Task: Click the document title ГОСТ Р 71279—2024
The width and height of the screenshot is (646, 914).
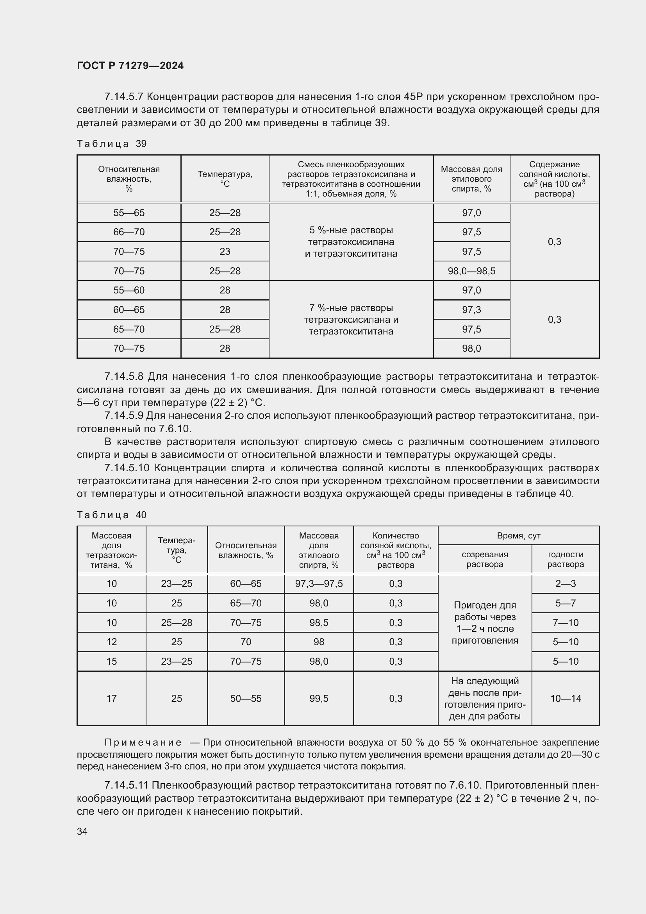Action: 130,66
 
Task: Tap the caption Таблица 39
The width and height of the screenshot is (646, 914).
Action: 112,144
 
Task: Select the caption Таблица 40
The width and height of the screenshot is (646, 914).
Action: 112,515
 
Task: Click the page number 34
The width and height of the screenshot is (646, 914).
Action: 82,831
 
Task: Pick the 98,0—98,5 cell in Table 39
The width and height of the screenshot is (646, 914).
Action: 471,271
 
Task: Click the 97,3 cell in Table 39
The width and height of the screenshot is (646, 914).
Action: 471,310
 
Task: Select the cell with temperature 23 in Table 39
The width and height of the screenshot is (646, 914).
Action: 225,252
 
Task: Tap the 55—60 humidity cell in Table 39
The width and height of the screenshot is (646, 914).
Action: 129,290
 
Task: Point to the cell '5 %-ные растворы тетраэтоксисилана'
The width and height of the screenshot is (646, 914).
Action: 351,241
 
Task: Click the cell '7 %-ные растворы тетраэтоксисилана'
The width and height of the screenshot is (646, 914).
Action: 351,319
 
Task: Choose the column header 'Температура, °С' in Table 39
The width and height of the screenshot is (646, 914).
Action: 225,179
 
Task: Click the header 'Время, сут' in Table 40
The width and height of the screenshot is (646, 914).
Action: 518,535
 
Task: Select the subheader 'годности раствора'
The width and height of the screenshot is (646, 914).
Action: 565,559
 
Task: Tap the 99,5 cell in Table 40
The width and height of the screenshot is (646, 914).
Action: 319,698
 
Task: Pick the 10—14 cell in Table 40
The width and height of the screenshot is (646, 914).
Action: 565,698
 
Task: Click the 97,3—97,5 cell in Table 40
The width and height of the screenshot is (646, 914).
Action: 319,583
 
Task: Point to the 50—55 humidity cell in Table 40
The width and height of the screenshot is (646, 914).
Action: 246,698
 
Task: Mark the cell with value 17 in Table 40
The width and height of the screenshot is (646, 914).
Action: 111,698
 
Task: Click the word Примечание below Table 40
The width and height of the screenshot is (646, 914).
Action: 143,742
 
